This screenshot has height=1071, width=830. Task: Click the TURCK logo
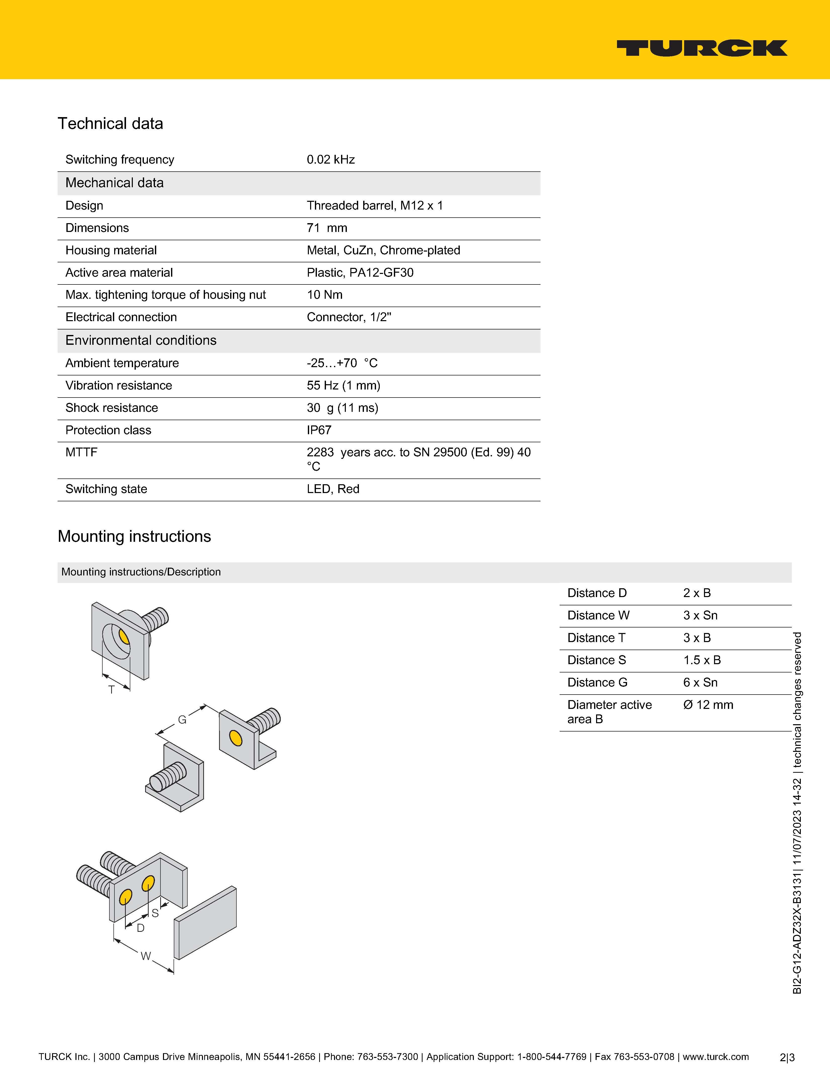702,48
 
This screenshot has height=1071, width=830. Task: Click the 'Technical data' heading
110,124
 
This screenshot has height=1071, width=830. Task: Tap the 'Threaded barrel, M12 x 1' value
375,206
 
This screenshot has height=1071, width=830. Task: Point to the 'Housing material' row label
111,251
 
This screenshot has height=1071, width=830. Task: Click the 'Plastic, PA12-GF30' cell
360,273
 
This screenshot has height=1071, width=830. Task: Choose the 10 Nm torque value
324,295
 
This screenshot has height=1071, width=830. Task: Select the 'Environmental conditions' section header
141,340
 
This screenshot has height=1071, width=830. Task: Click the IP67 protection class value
319,430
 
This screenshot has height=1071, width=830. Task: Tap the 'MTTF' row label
81,452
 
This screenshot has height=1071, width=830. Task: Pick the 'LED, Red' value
333,489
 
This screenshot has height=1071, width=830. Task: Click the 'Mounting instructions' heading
134,537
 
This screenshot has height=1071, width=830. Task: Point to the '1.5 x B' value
702,660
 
